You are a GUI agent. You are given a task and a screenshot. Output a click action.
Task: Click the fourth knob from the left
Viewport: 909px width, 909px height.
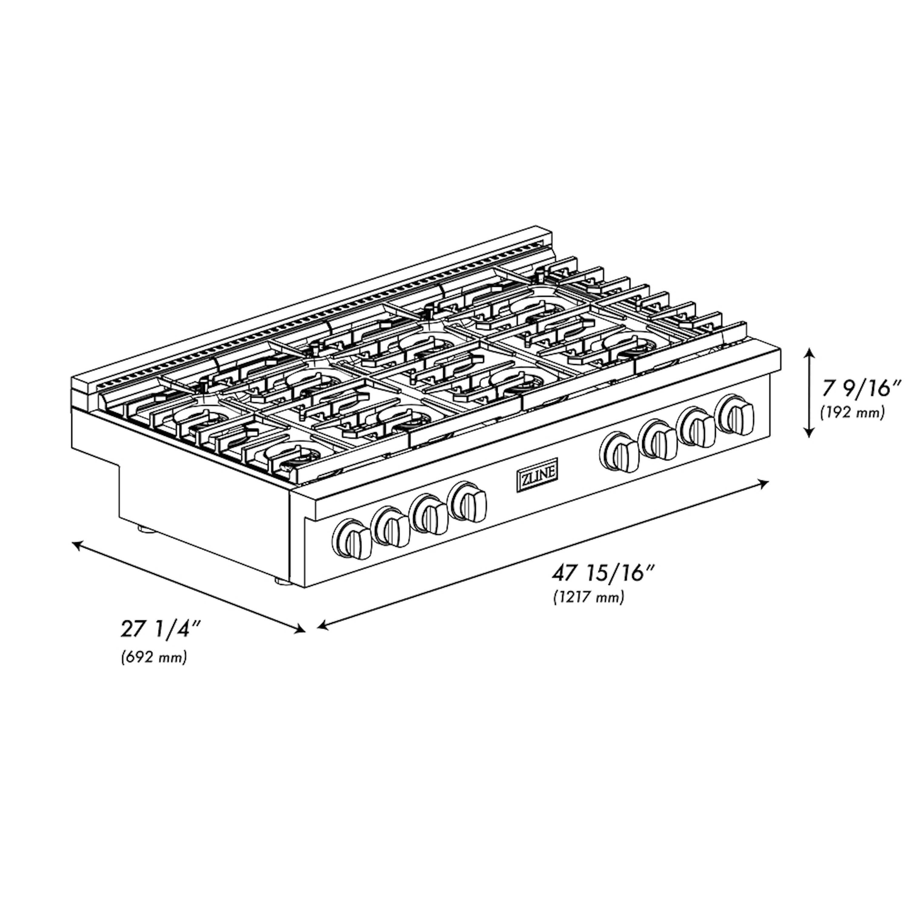coord(468,501)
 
